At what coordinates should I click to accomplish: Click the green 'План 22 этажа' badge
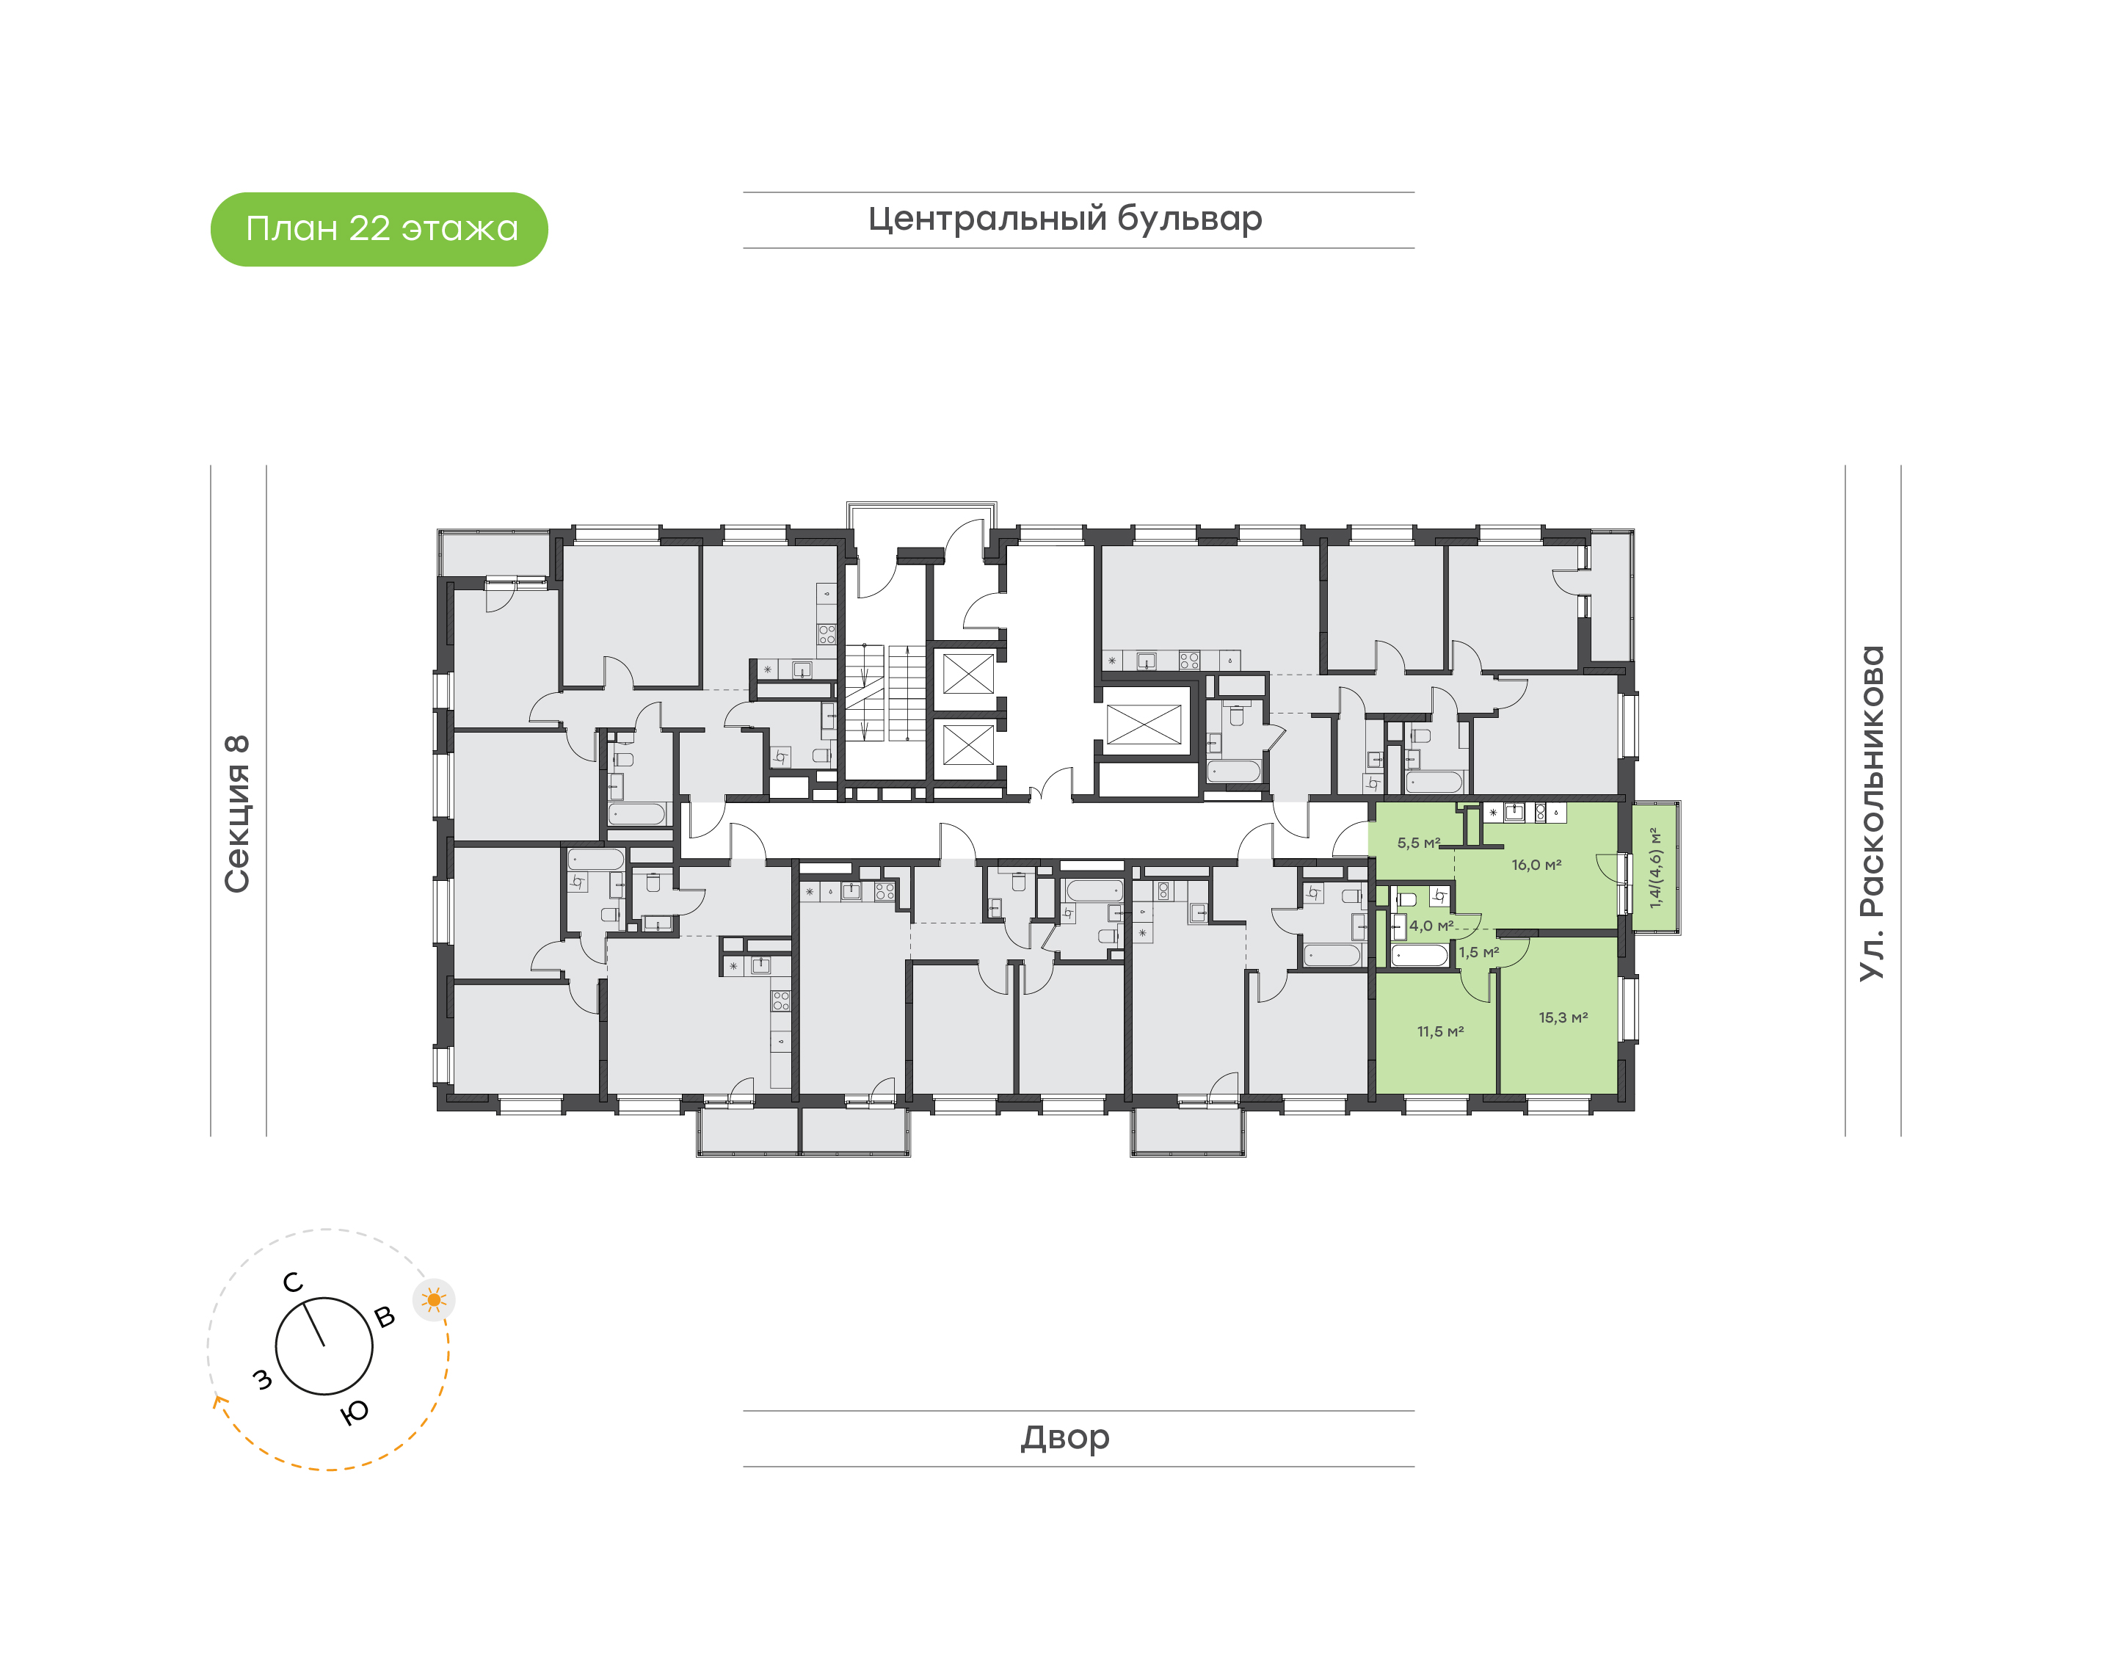pyautogui.click(x=379, y=229)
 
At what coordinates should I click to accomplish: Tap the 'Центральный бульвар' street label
pyautogui.click(x=1064, y=219)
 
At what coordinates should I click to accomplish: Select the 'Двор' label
pyautogui.click(x=1064, y=1437)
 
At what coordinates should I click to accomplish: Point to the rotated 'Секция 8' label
pyautogui.click(x=237, y=814)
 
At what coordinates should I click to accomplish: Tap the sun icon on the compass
pyautogui.click(x=434, y=1299)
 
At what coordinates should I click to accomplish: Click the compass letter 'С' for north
pyautogui.click(x=292, y=1283)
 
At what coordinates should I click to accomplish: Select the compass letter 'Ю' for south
pyautogui.click(x=355, y=1412)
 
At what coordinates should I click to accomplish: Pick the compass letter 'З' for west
pyautogui.click(x=262, y=1379)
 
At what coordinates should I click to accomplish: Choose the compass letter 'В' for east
pyautogui.click(x=385, y=1317)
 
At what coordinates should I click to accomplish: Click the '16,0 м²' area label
pyautogui.click(x=1536, y=865)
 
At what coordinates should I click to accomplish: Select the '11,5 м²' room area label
pyautogui.click(x=1440, y=1031)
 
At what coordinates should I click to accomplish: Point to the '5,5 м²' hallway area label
pyautogui.click(x=1419, y=843)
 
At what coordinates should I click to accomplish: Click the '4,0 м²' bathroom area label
pyautogui.click(x=1431, y=926)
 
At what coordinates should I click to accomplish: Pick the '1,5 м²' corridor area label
pyautogui.click(x=1479, y=952)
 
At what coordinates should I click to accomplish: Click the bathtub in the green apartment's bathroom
pyautogui.click(x=1420, y=956)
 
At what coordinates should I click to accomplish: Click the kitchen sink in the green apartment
pyautogui.click(x=1514, y=812)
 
